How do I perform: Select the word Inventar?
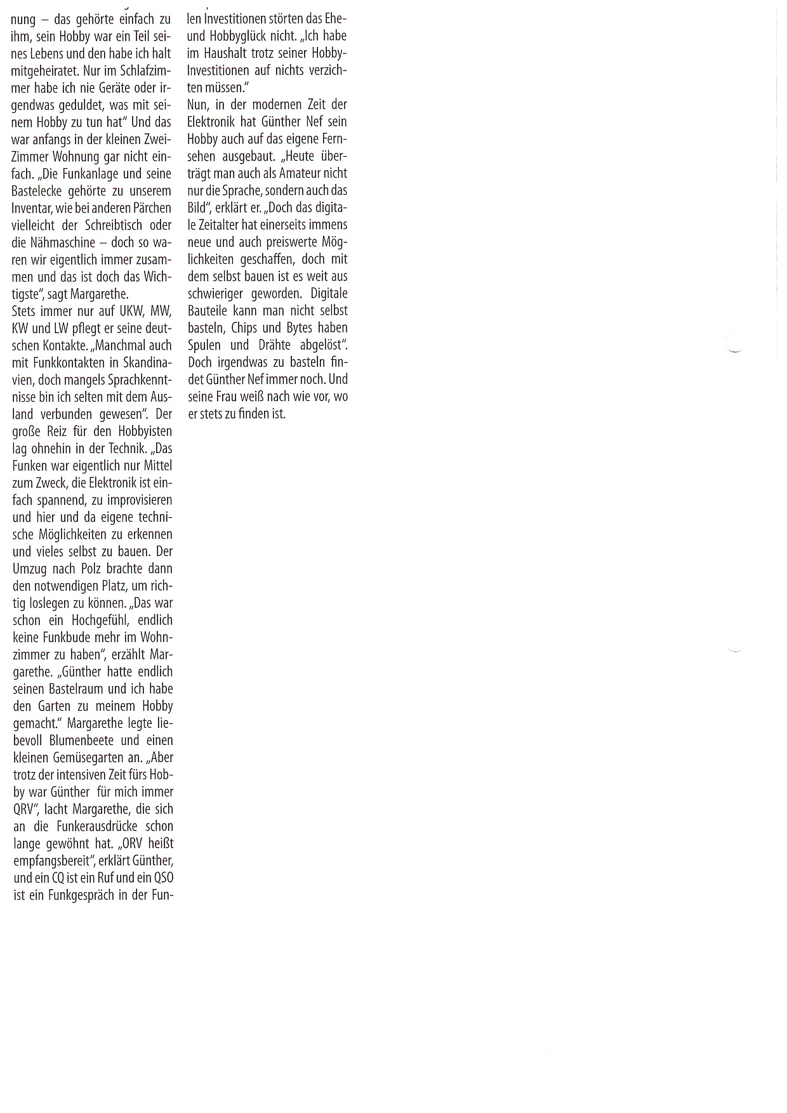tap(33, 208)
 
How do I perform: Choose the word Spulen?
tap(204, 345)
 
